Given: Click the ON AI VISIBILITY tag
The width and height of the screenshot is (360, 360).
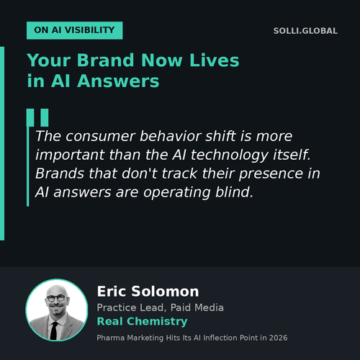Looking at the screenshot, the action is pyautogui.click(x=74, y=30).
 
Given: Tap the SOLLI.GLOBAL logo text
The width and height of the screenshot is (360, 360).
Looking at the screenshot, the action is pyautogui.click(x=305, y=31).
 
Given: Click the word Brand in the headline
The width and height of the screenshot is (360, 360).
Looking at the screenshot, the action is pyautogui.click(x=105, y=60).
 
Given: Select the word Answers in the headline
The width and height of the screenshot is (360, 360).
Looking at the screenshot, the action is pyautogui.click(x=118, y=81).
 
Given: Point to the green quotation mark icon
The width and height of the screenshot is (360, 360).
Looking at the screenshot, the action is pyautogui.click(x=37, y=117).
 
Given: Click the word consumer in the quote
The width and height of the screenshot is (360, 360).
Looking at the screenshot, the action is pyautogui.click(x=101, y=136).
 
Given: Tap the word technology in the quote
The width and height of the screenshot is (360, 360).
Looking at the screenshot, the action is pyautogui.click(x=229, y=156).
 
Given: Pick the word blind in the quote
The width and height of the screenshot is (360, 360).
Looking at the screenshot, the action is pyautogui.click(x=234, y=192).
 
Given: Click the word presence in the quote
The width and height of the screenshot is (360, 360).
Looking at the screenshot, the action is pyautogui.click(x=271, y=174).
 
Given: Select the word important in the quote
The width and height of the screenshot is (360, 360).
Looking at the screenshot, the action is pyautogui.click(x=70, y=155).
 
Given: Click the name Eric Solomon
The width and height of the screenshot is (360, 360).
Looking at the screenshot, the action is pyautogui.click(x=148, y=292).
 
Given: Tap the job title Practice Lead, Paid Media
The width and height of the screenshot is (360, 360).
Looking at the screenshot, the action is pyautogui.click(x=160, y=307).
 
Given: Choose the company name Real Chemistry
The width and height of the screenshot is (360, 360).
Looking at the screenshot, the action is pyautogui.click(x=142, y=321).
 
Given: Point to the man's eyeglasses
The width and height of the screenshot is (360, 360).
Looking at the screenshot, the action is pyautogui.click(x=56, y=298).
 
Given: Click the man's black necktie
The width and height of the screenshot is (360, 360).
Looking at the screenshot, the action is pyautogui.click(x=54, y=330).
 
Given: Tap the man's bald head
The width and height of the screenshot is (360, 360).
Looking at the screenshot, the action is pyautogui.click(x=56, y=289).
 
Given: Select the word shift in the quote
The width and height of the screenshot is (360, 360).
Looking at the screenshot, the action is pyautogui.click(x=221, y=136).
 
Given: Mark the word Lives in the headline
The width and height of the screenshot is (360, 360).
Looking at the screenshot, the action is pyautogui.click(x=215, y=60).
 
